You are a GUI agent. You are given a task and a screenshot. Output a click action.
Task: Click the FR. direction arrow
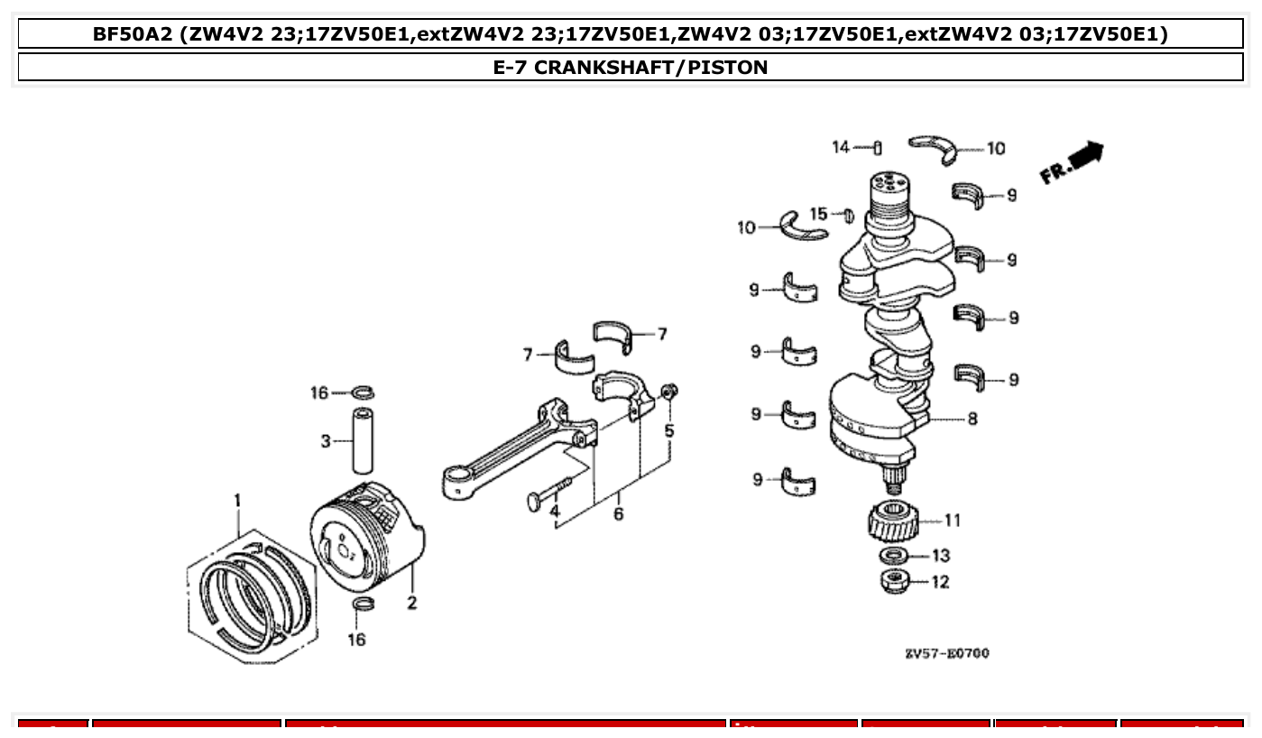click(1073, 163)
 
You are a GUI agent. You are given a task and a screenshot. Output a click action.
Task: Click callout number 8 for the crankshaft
click(972, 419)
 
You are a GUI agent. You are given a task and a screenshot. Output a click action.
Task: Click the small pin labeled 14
click(878, 148)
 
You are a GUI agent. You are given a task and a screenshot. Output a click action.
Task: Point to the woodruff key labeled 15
click(848, 216)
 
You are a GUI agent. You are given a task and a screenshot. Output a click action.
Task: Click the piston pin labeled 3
click(363, 440)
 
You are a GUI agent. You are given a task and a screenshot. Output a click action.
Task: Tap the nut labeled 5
click(668, 392)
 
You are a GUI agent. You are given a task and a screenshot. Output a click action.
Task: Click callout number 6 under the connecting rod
click(618, 514)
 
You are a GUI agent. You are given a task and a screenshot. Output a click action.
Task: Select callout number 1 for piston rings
click(238, 500)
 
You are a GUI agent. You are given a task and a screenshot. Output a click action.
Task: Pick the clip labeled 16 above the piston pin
click(363, 392)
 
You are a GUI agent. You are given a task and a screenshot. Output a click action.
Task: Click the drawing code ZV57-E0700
click(946, 652)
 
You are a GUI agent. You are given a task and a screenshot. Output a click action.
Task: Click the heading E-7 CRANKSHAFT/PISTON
click(631, 67)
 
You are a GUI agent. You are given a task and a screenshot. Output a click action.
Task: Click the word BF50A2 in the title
click(133, 34)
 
